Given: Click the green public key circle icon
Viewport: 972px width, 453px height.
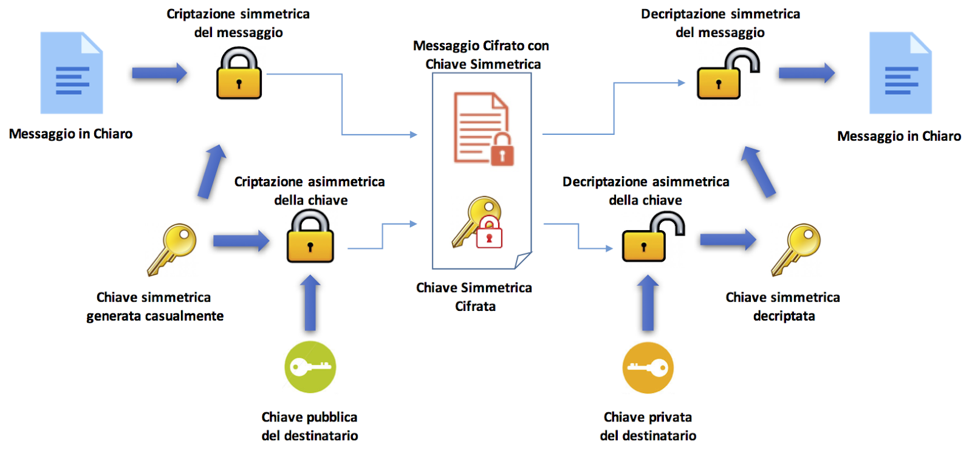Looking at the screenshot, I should click(x=310, y=367).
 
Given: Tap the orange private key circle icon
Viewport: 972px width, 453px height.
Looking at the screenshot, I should click(x=648, y=367).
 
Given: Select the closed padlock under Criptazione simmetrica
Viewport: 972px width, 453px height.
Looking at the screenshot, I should click(x=239, y=75).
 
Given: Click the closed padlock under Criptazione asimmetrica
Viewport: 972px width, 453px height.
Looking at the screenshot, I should click(x=310, y=238).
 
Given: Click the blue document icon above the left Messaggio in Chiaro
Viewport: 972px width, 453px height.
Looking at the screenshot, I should click(x=72, y=73).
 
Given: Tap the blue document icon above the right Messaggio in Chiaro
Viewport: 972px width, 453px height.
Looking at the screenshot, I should click(x=900, y=73).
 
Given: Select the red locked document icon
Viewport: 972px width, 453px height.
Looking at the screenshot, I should click(x=484, y=129).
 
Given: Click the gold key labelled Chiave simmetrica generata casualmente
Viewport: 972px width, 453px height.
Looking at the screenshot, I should click(x=172, y=248).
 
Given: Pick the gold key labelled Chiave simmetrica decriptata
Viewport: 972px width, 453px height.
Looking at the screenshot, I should click(x=796, y=248).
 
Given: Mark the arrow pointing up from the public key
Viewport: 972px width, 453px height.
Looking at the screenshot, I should click(x=310, y=302).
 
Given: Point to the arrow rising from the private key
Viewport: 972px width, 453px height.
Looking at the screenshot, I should click(x=648, y=302).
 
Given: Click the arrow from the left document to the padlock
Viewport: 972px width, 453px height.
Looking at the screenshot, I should click(x=159, y=73).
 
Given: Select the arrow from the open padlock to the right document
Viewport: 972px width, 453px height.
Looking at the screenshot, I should click(x=806, y=73).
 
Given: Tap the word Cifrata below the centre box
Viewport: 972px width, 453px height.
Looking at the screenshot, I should click(x=475, y=306).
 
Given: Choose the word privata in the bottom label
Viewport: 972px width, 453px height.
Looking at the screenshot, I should click(x=670, y=417).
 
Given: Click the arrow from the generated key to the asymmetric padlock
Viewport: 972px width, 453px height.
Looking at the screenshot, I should click(x=241, y=241).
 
